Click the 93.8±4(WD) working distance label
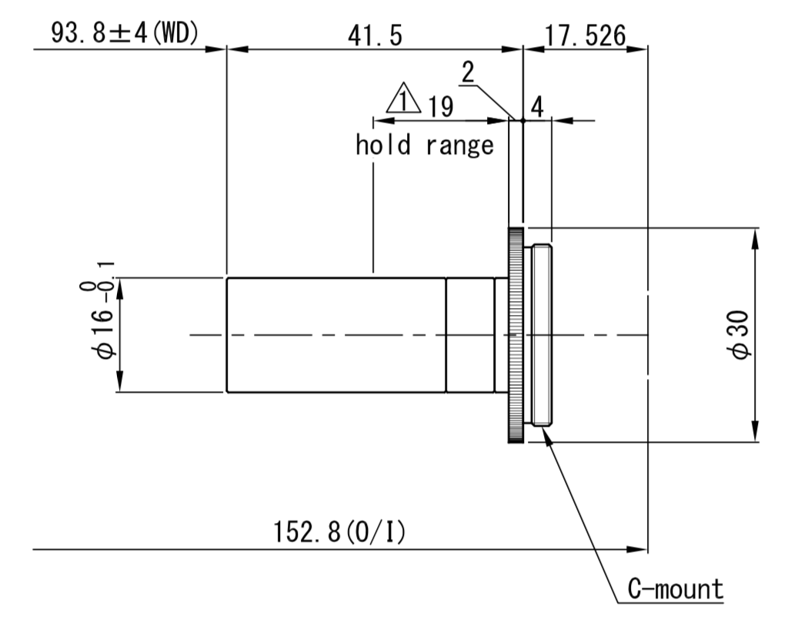pyautogui.click(x=125, y=34)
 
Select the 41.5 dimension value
pyautogui.click(x=375, y=35)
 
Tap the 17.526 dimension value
pyautogui.click(x=586, y=35)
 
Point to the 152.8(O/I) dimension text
pyautogui.click(x=339, y=531)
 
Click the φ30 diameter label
pyautogui.click(x=740, y=335)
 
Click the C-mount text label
pyautogui.click(x=676, y=588)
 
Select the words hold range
pyautogui.click(x=425, y=145)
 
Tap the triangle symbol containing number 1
pyautogui.click(x=403, y=98)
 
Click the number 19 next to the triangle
pyautogui.click(x=441, y=106)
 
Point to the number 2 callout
pyautogui.click(x=468, y=72)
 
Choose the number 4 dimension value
pyautogui.click(x=537, y=106)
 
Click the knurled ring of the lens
pyautogui.click(x=516, y=335)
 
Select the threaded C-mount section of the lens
pyautogui.click(x=542, y=335)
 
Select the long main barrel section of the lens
pyautogui.click(x=336, y=335)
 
